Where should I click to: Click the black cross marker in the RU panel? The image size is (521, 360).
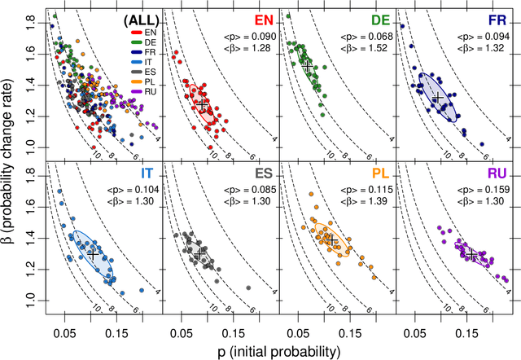471,255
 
